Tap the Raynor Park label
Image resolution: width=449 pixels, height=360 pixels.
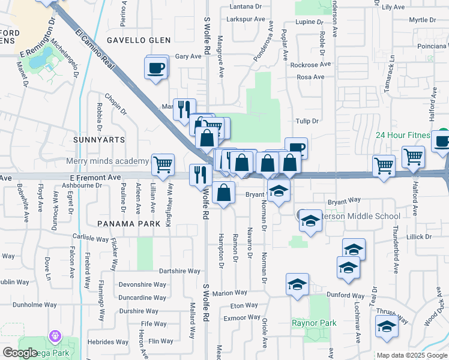314,323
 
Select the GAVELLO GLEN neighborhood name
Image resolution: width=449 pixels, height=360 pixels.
139,40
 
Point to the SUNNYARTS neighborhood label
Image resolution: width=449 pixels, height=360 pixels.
99,139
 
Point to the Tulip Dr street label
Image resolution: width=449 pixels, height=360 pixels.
306,121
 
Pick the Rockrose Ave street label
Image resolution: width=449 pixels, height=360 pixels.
310,65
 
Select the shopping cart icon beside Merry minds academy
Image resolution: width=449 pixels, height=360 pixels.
163,164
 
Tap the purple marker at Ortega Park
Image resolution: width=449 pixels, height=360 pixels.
56,336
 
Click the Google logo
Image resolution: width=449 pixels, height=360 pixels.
20,353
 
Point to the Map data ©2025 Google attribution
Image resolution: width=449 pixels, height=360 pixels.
412,355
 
